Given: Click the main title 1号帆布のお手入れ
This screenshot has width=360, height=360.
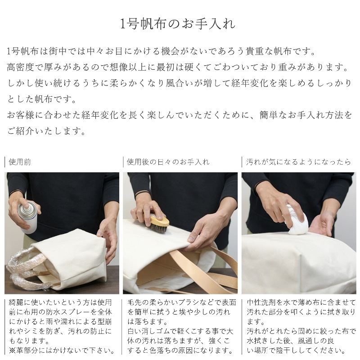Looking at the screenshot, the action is click(x=178, y=24).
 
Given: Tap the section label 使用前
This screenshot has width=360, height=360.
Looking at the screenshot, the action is click(x=20, y=162).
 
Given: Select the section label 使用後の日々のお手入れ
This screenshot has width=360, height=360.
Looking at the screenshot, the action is click(x=168, y=162).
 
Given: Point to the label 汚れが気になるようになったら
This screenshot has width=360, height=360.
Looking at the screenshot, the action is click(x=298, y=162).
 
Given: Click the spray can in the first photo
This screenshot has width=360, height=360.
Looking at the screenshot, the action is click(x=27, y=216).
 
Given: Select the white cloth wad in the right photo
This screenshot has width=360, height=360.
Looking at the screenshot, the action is click(x=297, y=221).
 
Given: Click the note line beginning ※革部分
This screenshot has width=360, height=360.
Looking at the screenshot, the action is click(x=62, y=351).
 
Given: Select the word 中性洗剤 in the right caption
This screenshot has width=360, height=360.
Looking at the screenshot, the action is click(x=261, y=302).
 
